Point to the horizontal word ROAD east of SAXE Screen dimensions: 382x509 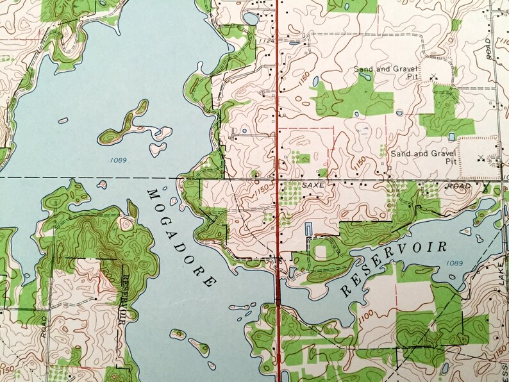459,186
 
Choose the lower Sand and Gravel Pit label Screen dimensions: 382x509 423,158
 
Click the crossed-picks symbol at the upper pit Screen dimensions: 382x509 434,78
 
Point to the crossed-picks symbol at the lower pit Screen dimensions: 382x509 480,158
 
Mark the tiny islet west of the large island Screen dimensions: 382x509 63,120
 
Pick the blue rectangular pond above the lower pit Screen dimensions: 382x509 452,137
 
